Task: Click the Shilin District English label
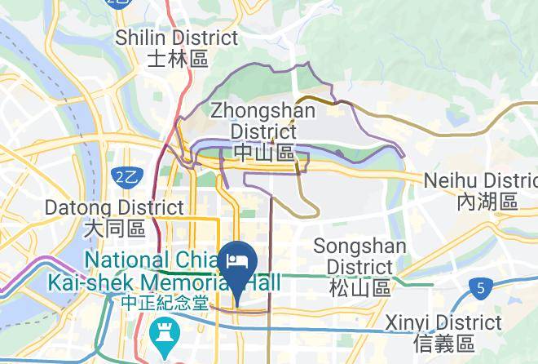click(177, 38)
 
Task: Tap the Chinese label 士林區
click(178, 58)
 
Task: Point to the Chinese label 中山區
click(263, 152)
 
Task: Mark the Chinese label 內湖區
click(487, 201)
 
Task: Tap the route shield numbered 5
click(483, 288)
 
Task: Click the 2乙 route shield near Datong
click(126, 175)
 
